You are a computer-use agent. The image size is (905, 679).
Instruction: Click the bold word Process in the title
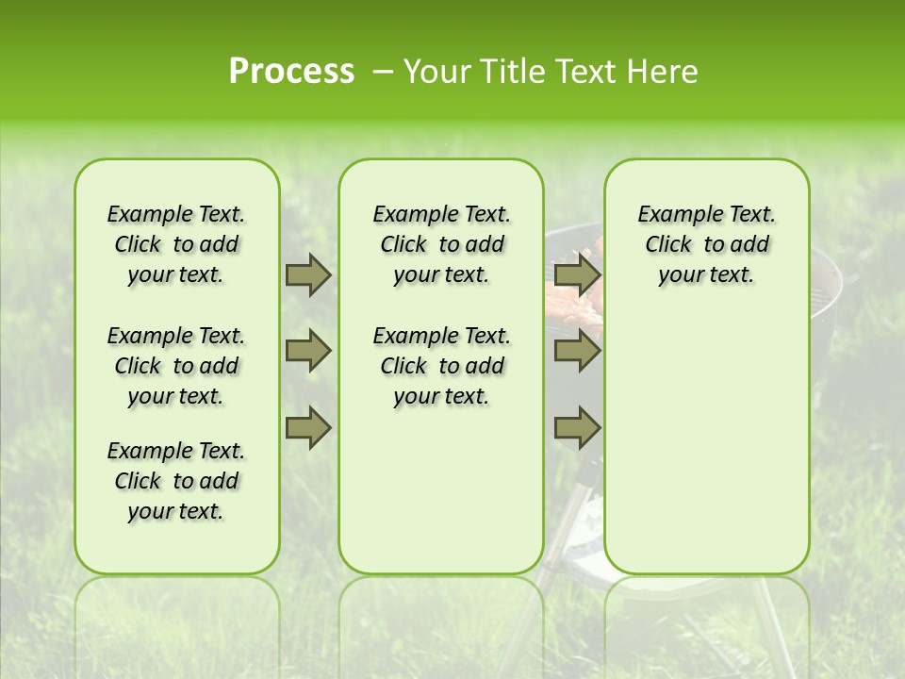click(291, 72)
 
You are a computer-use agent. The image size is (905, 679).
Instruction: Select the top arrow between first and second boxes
click(308, 274)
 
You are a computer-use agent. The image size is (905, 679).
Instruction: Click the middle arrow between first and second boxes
click(308, 352)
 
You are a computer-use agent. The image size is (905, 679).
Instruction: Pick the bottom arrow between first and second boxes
click(308, 428)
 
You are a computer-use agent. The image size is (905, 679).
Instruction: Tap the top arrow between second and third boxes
click(577, 274)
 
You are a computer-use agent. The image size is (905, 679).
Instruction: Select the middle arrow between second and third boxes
click(577, 352)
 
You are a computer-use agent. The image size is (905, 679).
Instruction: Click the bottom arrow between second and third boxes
click(577, 428)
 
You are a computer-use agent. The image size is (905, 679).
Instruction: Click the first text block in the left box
click(176, 244)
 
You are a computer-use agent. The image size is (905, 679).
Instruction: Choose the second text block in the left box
click(176, 366)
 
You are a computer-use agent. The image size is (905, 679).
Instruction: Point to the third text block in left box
click(176, 481)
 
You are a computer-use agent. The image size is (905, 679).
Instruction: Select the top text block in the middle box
click(441, 244)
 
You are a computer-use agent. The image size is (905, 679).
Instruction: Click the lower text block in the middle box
click(441, 366)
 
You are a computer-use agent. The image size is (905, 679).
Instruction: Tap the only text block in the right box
click(706, 244)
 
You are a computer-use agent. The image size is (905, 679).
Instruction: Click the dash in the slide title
click(383, 72)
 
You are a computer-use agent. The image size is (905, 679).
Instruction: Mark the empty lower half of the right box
click(706, 443)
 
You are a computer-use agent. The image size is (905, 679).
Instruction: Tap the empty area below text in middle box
click(441, 490)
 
